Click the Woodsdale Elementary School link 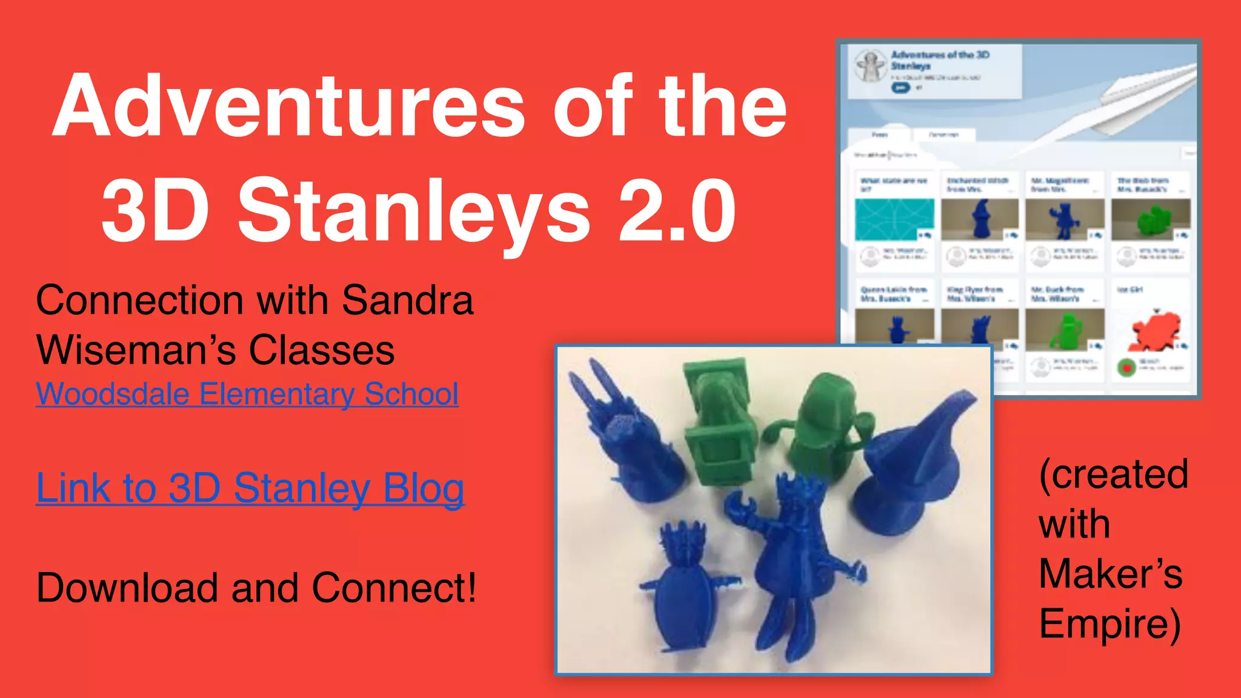pos(247,394)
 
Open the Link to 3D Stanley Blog pos(250,488)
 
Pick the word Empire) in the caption pos(1110,624)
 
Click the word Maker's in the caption pos(1110,574)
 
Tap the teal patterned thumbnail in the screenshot pos(894,219)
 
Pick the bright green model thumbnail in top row pos(1151,220)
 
